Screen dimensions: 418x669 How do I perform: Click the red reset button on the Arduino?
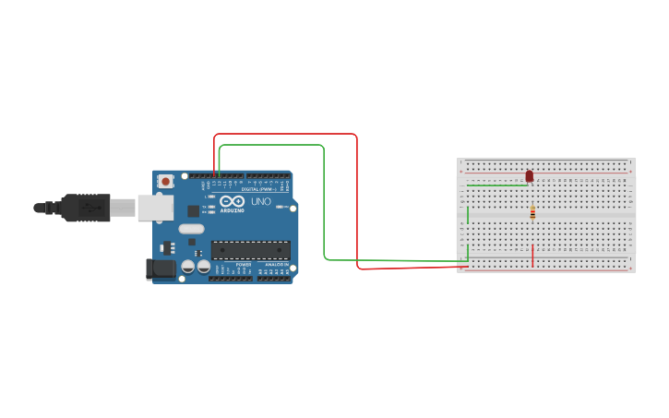click(165, 182)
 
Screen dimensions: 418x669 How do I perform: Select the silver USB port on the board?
click(155, 208)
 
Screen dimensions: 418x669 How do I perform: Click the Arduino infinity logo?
click(232, 201)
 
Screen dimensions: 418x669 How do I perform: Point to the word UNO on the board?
click(261, 201)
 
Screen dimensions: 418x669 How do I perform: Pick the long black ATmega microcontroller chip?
click(251, 250)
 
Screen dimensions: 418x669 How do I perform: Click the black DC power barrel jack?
click(161, 269)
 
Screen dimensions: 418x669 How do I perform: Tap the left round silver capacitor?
click(188, 266)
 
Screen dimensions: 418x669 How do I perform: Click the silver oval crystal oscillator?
click(191, 228)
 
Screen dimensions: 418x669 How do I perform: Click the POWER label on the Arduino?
click(244, 265)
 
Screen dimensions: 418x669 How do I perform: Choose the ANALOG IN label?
click(275, 265)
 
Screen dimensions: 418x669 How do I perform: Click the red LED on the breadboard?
click(530, 175)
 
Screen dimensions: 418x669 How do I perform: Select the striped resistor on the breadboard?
click(532, 213)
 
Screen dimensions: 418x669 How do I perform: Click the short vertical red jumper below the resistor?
click(532, 256)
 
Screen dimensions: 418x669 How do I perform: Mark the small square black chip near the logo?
click(193, 211)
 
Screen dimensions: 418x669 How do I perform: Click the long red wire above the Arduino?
click(286, 135)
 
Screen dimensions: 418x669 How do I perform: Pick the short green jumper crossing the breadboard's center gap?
click(468, 215)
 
